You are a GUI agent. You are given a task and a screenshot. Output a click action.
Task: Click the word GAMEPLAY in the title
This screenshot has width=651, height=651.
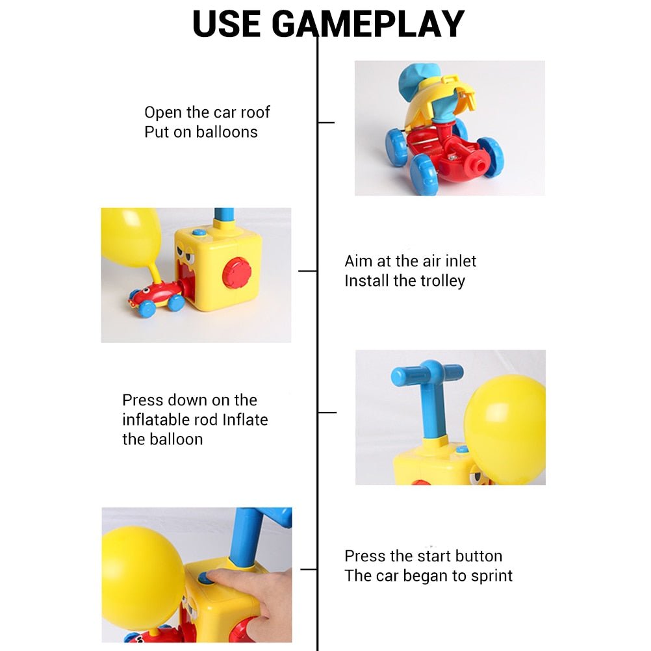click(368, 24)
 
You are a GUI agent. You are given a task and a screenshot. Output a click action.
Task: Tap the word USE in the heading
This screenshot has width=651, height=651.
click(227, 24)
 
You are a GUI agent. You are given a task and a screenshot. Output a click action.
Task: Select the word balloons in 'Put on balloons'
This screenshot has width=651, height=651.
click(227, 132)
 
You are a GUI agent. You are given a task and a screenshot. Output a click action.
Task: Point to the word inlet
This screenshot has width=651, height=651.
click(458, 261)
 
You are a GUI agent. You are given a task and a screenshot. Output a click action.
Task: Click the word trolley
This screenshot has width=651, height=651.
click(442, 281)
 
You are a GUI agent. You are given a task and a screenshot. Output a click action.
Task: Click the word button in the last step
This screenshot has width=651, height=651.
click(478, 556)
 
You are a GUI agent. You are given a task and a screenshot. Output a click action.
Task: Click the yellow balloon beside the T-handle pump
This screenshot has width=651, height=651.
click(505, 429)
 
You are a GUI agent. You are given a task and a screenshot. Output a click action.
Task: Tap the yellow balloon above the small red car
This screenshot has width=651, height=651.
click(131, 236)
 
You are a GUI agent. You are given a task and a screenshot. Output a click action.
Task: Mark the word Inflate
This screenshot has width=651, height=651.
click(245, 420)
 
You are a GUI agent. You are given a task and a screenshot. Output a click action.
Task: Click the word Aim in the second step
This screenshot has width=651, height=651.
click(359, 261)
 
